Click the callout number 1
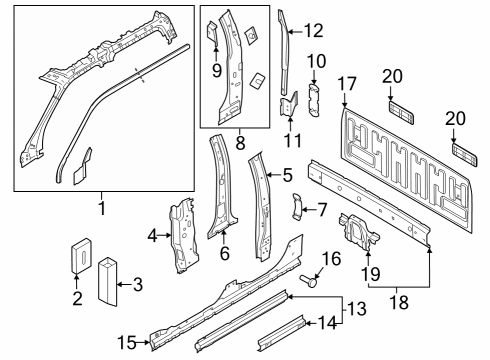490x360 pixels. [100, 209]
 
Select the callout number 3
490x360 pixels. [138, 286]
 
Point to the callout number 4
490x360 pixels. [152, 236]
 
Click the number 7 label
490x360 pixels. [322, 210]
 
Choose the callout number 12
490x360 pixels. [313, 30]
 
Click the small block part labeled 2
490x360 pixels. [79, 255]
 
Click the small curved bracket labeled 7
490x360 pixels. [297, 207]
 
